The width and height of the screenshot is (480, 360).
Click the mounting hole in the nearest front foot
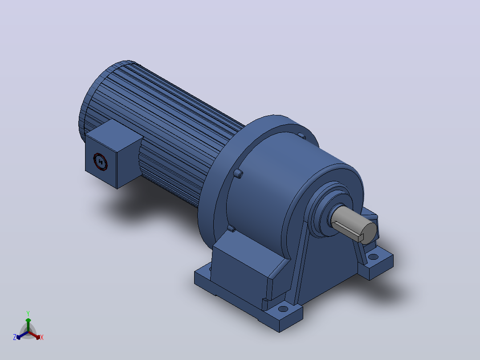283,308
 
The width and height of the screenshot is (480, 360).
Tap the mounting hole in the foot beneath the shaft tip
373,257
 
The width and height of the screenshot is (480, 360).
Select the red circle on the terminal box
101,161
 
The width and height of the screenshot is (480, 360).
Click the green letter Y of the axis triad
28,314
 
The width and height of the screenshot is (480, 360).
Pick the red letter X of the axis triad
42,337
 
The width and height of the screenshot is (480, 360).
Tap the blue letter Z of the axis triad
15,337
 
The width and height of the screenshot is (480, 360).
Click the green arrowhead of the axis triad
28,320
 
